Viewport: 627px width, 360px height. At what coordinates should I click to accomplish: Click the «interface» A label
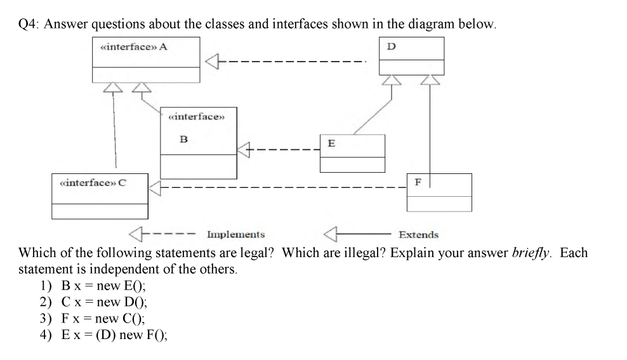click(134, 46)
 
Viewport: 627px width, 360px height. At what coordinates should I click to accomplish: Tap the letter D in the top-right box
click(392, 46)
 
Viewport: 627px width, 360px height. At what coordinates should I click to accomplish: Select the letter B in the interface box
click(184, 139)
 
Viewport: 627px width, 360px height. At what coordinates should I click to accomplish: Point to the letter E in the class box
click(331, 143)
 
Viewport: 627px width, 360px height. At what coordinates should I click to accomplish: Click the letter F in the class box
click(418, 182)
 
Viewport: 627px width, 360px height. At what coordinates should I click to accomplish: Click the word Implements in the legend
click(235, 235)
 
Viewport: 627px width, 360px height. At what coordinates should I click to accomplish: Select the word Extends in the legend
click(418, 235)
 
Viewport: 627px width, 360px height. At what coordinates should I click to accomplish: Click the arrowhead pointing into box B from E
click(244, 150)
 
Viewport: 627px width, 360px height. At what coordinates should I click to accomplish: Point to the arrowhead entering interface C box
click(156, 188)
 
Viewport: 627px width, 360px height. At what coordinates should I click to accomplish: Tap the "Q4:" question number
click(29, 24)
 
